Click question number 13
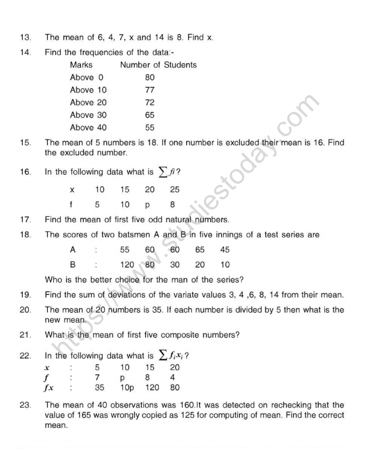tap(25, 37)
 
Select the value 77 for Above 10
tap(150, 90)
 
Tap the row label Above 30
tap(88, 115)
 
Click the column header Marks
tap(81, 65)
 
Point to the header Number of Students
tap(158, 65)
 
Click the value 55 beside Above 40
tap(150, 128)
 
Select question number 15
tap(25, 143)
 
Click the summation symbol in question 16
tap(163, 172)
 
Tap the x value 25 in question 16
tap(175, 190)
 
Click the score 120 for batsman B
tap(127, 265)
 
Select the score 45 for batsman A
tap(225, 250)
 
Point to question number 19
tap(25, 295)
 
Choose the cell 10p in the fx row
tap(127, 388)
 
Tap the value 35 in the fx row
tap(100, 388)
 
